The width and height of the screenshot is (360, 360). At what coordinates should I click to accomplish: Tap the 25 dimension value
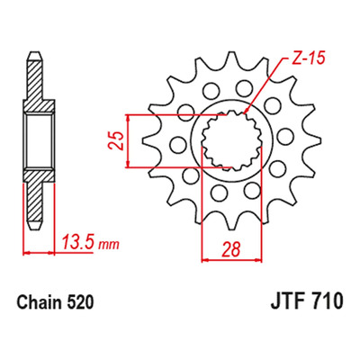click(116, 140)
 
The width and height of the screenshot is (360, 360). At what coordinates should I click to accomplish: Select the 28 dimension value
click(231, 249)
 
